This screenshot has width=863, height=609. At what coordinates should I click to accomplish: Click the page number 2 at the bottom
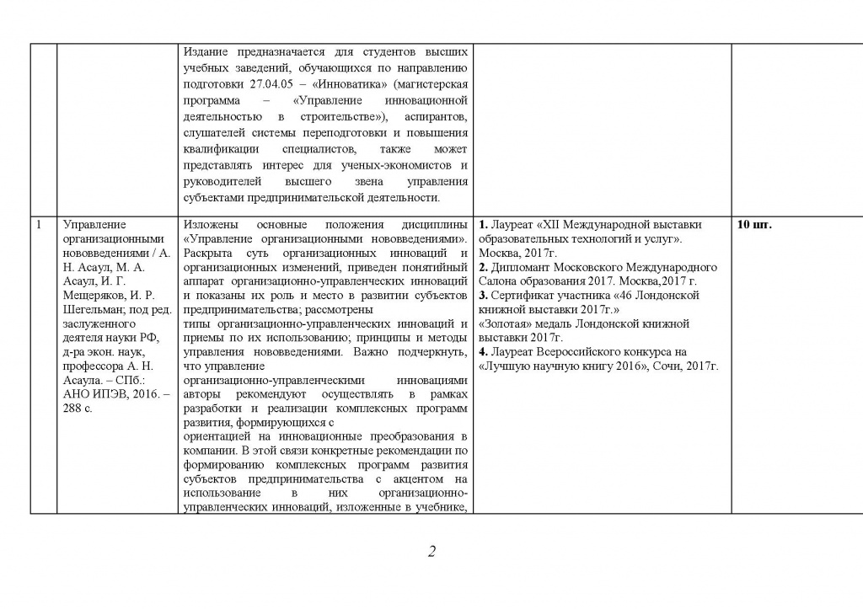pyautogui.click(x=431, y=553)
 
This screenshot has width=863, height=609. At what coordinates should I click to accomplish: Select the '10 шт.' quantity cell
pyautogui.click(x=754, y=225)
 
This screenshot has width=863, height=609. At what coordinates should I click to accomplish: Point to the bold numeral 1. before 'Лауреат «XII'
pyautogui.click(x=484, y=225)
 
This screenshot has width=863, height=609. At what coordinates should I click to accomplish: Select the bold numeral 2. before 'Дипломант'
pyautogui.click(x=484, y=267)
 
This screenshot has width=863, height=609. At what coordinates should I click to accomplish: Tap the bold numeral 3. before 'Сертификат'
pyautogui.click(x=484, y=296)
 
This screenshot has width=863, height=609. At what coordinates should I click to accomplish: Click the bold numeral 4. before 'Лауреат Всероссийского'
pyautogui.click(x=484, y=351)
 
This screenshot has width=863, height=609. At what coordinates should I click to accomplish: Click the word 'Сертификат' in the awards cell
pyautogui.click(x=524, y=296)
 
